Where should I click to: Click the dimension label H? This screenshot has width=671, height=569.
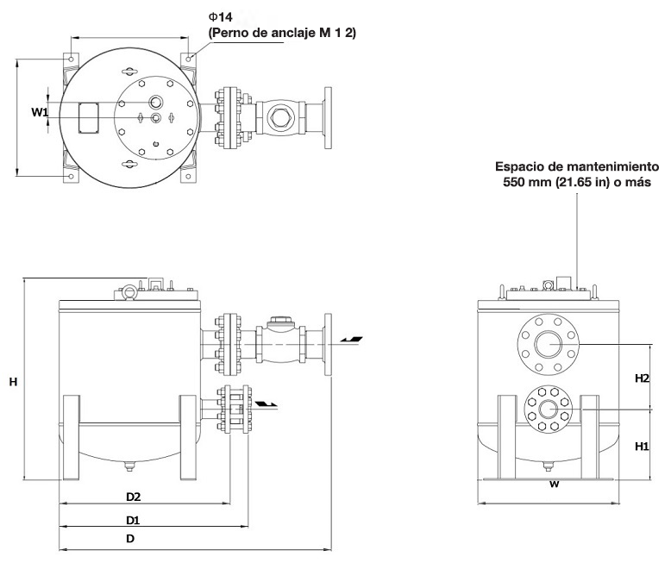click(13, 380)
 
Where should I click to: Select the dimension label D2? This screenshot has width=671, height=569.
click(133, 497)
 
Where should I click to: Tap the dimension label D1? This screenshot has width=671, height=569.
click(133, 520)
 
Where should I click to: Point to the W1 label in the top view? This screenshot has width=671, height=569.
click(40, 112)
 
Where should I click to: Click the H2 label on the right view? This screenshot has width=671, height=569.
click(641, 378)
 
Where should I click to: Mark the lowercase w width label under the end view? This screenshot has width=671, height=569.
click(555, 484)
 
